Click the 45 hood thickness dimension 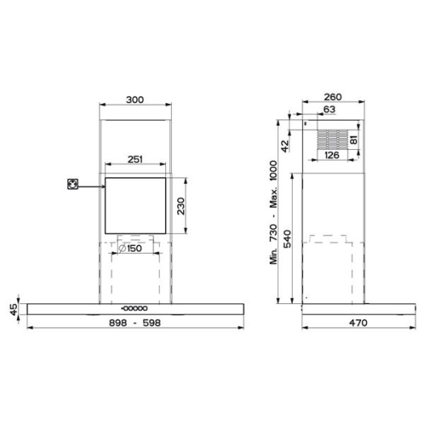click(x=13, y=309)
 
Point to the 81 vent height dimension click(x=353, y=139)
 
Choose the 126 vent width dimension click(x=330, y=156)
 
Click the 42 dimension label click(x=284, y=145)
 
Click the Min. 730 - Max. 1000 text click(x=272, y=211)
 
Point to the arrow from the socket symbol click(x=90, y=185)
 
